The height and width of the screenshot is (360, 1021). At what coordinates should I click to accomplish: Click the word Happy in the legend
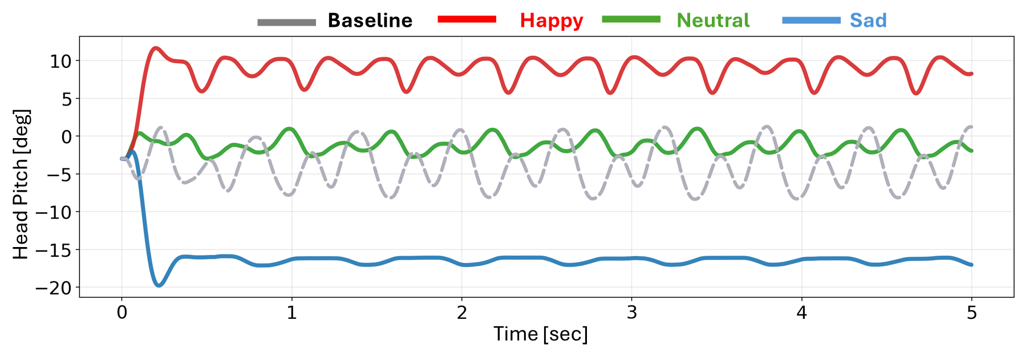[551, 21]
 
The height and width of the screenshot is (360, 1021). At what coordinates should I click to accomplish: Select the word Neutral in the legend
[713, 21]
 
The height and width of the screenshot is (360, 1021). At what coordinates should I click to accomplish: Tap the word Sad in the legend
[868, 21]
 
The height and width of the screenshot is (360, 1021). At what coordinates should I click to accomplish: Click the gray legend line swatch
[286, 22]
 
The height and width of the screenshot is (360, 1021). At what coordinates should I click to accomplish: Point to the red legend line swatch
[467, 19]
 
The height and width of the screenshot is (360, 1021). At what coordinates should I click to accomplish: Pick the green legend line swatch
[631, 19]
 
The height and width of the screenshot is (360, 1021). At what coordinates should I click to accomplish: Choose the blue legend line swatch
[811, 20]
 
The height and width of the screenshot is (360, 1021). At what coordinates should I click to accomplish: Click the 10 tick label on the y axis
[60, 61]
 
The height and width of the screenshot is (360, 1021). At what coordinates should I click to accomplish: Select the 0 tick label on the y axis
[67, 137]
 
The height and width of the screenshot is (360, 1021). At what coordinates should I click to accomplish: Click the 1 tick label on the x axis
[291, 313]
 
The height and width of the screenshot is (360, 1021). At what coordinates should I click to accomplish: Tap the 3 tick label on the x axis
[631, 313]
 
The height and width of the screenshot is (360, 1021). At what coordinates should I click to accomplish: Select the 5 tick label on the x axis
[971, 313]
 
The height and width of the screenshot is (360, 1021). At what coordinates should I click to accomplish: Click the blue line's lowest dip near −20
[159, 285]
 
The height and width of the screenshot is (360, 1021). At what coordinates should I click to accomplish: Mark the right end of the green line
[971, 151]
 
